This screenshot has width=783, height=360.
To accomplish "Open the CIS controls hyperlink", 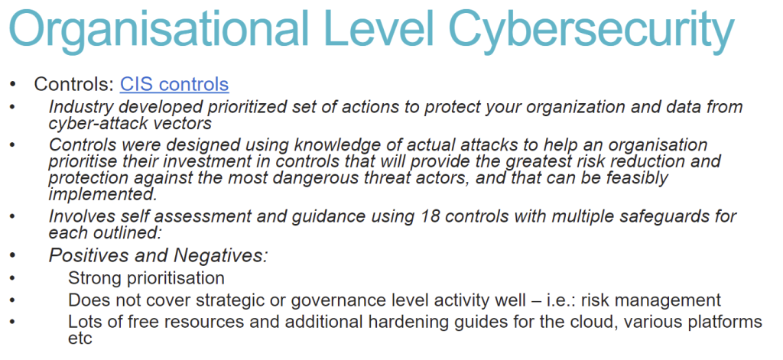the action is [x=174, y=84].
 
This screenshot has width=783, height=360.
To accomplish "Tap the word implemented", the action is [x=103, y=194].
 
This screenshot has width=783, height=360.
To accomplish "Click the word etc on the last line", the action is [x=80, y=339].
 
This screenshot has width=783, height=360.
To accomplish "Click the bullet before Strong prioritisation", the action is [x=13, y=279].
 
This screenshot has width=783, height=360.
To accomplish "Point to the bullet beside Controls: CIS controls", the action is [x=13, y=85].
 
